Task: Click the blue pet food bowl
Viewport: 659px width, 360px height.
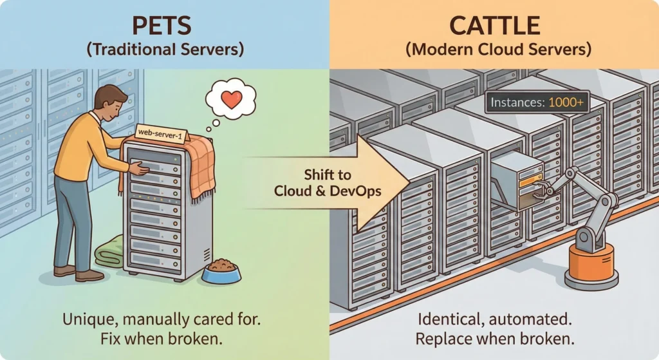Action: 221,270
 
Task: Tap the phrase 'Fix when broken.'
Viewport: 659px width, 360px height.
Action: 164,338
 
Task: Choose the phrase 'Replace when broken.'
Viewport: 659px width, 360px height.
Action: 494,338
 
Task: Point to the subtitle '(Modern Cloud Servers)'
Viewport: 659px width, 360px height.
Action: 494,49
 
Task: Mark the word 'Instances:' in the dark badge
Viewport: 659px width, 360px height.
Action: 517,102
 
